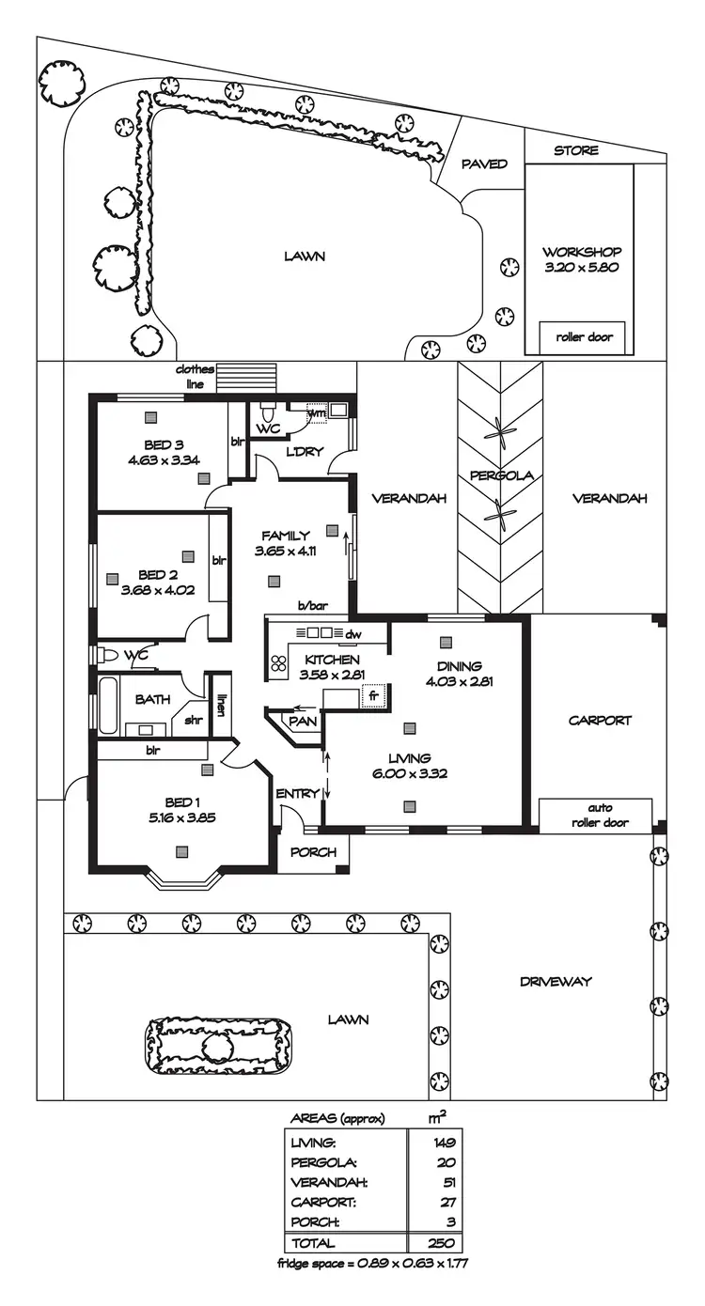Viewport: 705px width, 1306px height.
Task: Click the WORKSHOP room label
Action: click(x=582, y=252)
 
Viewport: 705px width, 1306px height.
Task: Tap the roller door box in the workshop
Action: click(x=582, y=337)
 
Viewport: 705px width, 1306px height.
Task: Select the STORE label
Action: click(x=575, y=150)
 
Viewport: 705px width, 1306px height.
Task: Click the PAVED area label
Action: click(x=485, y=164)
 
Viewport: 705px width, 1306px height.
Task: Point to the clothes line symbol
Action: click(x=247, y=377)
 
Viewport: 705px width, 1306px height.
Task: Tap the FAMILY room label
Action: click(x=285, y=536)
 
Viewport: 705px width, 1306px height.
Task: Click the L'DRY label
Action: click(x=305, y=452)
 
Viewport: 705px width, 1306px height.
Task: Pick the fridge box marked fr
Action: click(x=374, y=697)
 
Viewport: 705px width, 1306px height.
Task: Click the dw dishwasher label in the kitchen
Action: click(x=353, y=634)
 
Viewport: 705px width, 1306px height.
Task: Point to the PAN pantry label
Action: click(x=303, y=721)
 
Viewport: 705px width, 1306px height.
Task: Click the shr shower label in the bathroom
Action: click(x=193, y=721)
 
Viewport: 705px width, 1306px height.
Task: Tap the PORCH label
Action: click(x=313, y=853)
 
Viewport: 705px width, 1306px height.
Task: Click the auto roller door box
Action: click(x=595, y=815)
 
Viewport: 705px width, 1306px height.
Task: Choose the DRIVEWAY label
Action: click(x=556, y=982)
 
